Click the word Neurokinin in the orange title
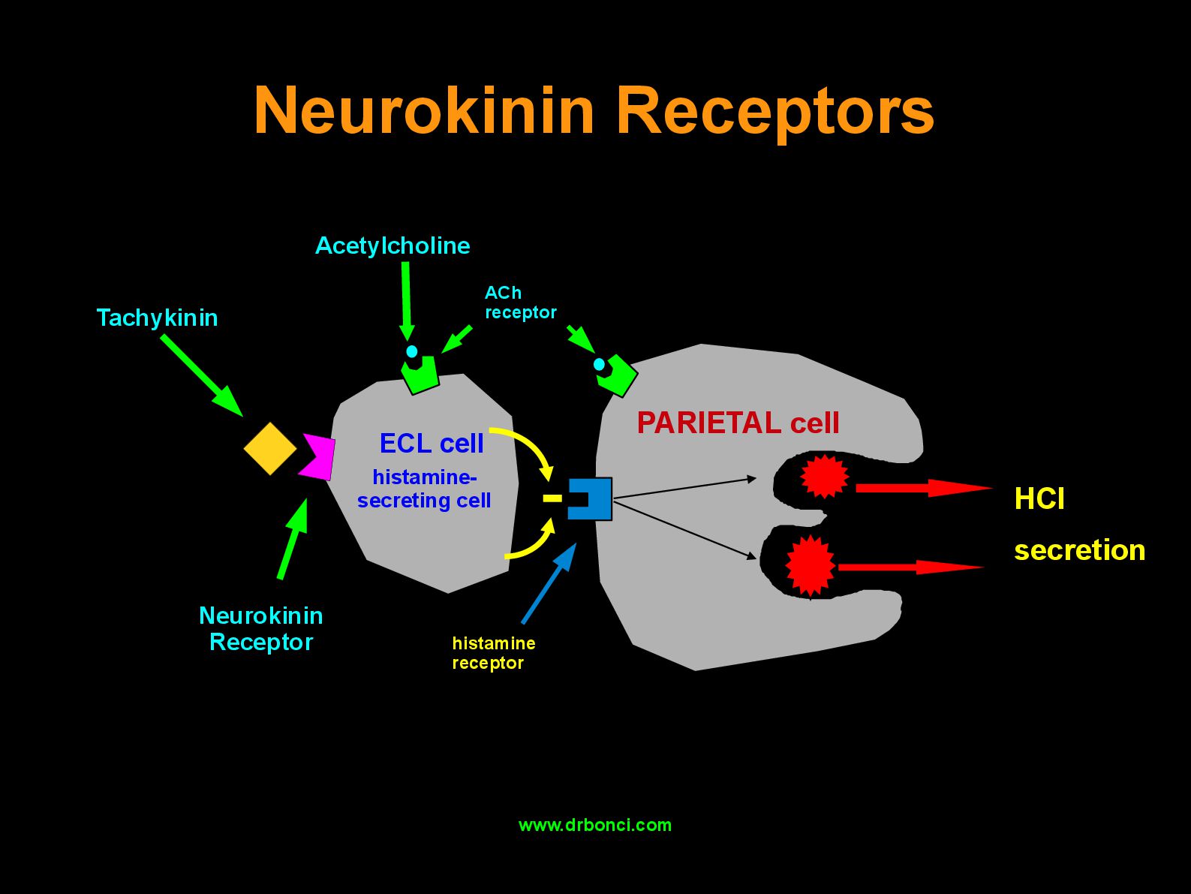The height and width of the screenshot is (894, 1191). (424, 110)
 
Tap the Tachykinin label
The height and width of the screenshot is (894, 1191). (157, 318)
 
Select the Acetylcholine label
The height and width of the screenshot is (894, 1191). (392, 245)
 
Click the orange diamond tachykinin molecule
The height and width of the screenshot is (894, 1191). (270, 449)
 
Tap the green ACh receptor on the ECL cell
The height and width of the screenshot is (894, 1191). (421, 375)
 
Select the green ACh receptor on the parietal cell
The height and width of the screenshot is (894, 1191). (618, 375)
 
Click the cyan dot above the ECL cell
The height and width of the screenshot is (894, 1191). (412, 351)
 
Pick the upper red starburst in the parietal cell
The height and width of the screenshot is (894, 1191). (824, 477)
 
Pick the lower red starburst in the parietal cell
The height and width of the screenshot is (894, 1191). (810, 565)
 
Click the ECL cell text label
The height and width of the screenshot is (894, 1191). (432, 443)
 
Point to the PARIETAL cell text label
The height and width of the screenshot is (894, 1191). (738, 423)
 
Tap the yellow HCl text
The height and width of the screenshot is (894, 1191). (1039, 498)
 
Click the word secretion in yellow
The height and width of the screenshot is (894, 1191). (1080, 550)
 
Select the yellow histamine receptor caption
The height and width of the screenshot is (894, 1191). (494, 653)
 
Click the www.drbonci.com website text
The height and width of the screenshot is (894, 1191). (595, 825)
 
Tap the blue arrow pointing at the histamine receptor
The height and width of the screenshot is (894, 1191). (549, 583)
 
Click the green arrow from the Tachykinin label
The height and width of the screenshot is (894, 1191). (202, 375)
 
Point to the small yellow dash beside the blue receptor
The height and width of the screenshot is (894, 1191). (552, 498)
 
